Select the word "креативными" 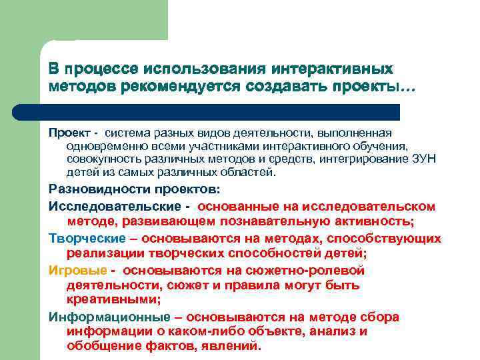(x=111, y=300)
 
